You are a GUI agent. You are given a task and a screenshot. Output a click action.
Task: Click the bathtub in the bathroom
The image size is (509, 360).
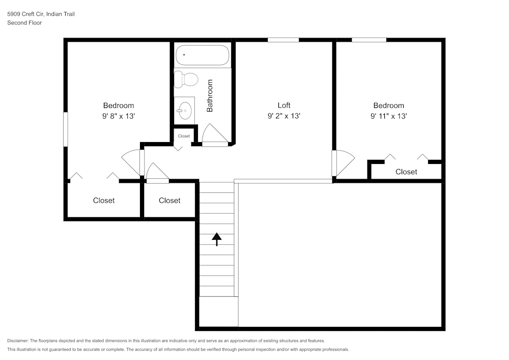[x=202, y=55]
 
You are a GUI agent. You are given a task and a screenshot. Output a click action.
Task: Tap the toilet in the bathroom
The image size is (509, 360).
[x=186, y=79]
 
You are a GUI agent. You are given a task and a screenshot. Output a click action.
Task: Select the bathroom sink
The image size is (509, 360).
[x=184, y=109]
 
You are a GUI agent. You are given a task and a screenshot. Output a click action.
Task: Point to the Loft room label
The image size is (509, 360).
[x=284, y=105]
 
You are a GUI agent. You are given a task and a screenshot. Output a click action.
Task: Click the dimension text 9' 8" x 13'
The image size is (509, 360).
[x=119, y=116]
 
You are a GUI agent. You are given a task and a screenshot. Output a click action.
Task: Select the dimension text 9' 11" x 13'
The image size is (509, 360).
[x=389, y=116]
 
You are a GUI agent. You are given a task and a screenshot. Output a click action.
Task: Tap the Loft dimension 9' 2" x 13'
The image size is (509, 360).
[x=284, y=116]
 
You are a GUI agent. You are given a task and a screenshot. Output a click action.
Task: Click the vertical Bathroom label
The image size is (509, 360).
[x=210, y=96]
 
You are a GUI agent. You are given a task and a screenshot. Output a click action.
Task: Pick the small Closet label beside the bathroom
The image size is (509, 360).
[x=184, y=136]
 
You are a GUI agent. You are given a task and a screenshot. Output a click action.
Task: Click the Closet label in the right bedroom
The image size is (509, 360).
[x=406, y=172]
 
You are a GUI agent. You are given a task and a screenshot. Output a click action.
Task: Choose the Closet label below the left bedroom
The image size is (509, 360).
[x=104, y=201]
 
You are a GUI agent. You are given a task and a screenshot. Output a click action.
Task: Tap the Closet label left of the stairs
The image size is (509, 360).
[x=169, y=201]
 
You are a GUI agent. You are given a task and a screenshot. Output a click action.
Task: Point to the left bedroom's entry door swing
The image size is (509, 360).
[x=131, y=162]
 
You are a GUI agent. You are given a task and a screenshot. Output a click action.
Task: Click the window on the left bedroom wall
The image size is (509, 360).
[x=65, y=129]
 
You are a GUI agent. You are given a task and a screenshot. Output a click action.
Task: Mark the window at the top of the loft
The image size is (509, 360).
[x=283, y=40]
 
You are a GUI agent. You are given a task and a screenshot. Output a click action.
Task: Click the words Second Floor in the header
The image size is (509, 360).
[x=24, y=23]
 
